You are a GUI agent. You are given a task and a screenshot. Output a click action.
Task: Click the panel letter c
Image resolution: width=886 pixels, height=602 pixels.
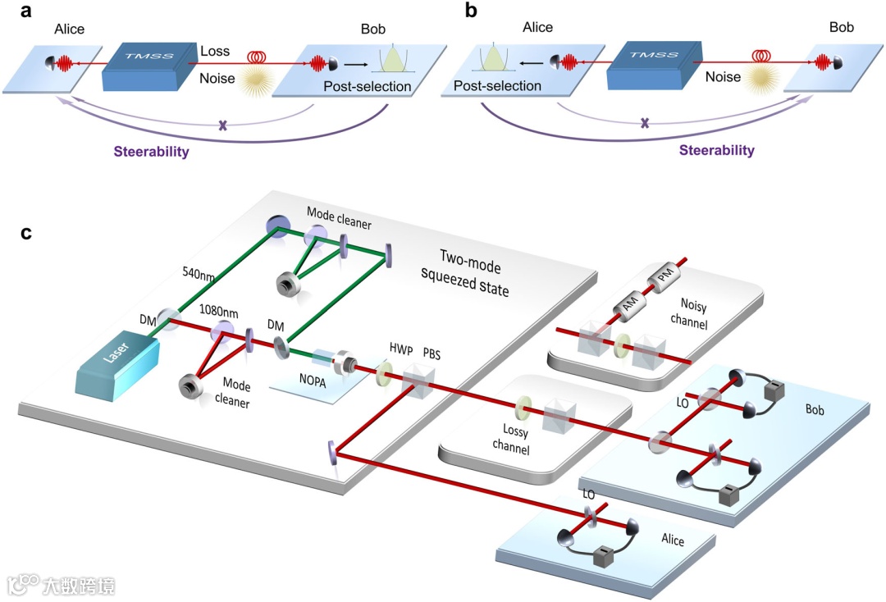[x=27, y=233]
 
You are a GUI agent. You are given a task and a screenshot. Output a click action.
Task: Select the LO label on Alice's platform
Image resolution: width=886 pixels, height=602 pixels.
[x=588, y=495]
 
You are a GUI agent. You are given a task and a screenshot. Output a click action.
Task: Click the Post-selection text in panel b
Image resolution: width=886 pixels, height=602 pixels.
[x=498, y=85]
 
